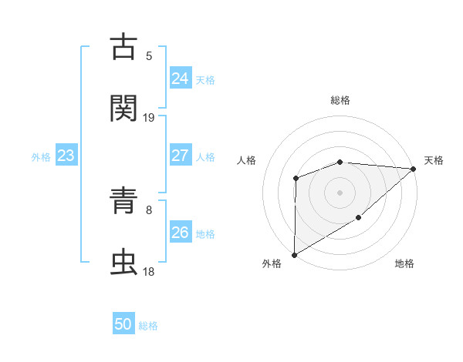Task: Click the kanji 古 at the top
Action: [x=125, y=47]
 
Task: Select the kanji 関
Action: [x=125, y=109]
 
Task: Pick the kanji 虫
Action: [x=125, y=263]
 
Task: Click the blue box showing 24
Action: [x=180, y=79]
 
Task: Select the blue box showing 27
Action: [x=180, y=156]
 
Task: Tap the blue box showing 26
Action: [x=180, y=233]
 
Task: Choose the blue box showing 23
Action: [x=66, y=156]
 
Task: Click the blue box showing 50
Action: [x=123, y=324]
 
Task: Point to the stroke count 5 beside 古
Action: [x=149, y=55]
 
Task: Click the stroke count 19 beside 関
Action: [x=149, y=117]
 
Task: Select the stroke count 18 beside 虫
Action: [x=149, y=271]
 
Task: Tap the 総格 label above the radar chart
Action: [x=340, y=100]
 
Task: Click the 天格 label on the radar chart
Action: [x=434, y=160]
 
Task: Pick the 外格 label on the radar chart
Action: [x=272, y=263]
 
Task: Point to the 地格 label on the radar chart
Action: [x=404, y=263]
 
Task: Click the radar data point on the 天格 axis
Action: [x=413, y=169]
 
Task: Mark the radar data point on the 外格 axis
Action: [x=294, y=254]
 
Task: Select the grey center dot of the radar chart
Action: [x=340, y=192]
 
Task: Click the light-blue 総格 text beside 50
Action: [x=148, y=326]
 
